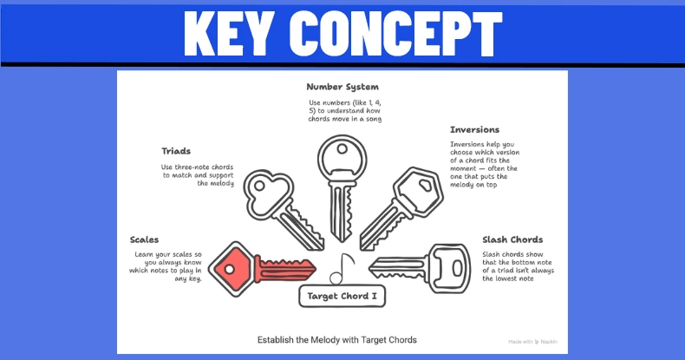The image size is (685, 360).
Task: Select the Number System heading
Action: coord(342,87)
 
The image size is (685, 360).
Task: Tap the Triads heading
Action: coord(176,150)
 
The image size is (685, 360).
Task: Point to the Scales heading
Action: coord(145,239)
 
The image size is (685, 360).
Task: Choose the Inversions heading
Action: coord(474,130)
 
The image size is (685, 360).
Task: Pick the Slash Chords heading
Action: coord(512,239)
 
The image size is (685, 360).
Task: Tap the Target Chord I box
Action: coord(342,297)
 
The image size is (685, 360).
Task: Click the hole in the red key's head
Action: coord(231,268)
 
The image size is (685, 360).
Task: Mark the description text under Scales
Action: coord(168,267)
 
